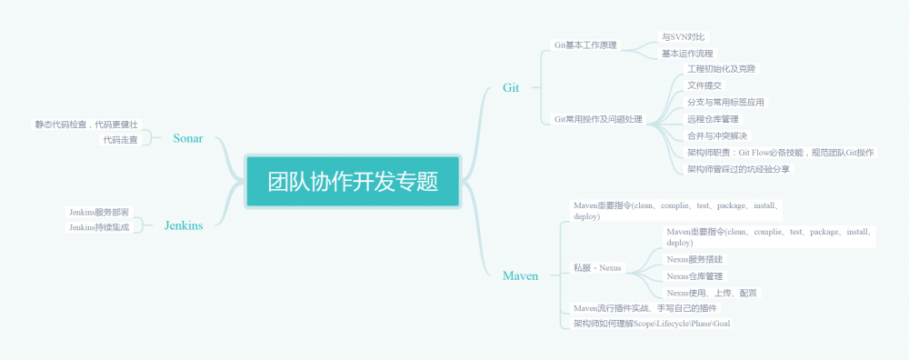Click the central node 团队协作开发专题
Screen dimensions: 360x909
pos(353,181)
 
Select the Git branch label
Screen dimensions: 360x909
pos(511,87)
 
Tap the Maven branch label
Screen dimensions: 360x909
pos(520,275)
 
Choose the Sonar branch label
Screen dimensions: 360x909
pos(187,138)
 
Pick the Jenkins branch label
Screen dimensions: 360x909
pos(184,225)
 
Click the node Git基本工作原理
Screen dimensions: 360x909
pos(585,45)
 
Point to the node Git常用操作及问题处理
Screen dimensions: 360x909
pos(598,119)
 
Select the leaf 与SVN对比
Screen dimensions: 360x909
pos(683,37)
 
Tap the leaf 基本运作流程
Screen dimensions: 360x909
pos(688,54)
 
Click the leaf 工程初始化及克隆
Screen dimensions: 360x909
pos(722,69)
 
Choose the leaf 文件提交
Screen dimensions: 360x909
pos(704,85)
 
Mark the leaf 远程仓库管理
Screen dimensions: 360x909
pos(714,119)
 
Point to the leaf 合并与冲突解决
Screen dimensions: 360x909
pos(717,135)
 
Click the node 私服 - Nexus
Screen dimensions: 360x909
pos(597,267)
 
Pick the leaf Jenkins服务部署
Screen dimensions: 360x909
pos(99,212)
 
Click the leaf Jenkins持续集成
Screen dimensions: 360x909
pos(99,227)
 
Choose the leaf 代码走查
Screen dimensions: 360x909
pos(120,140)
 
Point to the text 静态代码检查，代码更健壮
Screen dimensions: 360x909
pos(87,125)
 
